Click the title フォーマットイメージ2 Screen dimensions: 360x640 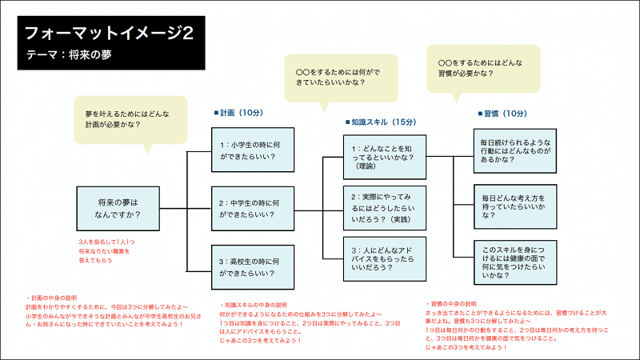[109, 34]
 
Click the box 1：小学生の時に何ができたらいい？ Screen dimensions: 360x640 [250, 151]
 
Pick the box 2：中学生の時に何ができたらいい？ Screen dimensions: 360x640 [250, 210]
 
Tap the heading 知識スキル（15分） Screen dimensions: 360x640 [381, 122]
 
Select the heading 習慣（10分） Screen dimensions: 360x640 [502, 114]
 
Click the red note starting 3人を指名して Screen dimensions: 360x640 [110, 249]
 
